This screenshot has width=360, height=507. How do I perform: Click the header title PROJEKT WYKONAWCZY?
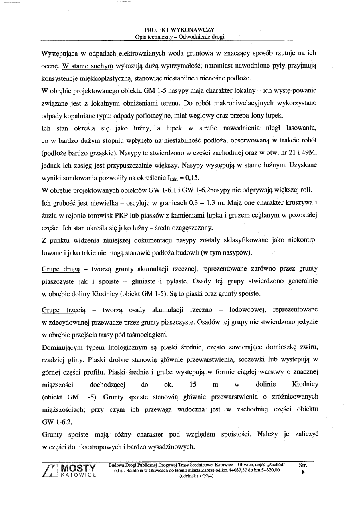pyautogui.click(x=180, y=30)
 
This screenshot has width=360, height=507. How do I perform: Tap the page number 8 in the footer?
pyautogui.click(x=303, y=472)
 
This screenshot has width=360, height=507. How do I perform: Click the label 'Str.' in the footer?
pyautogui.click(x=303, y=465)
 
